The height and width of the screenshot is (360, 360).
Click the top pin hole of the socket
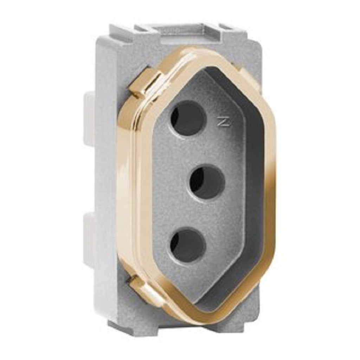click(x=187, y=118)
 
